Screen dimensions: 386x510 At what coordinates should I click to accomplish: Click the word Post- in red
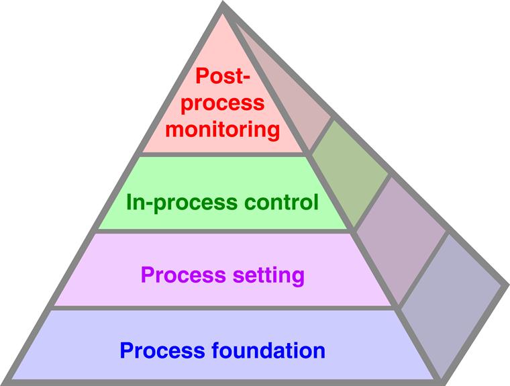click(223, 76)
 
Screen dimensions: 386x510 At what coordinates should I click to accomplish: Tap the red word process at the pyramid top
click(223, 103)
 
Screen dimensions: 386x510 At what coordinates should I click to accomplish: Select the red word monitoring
click(223, 128)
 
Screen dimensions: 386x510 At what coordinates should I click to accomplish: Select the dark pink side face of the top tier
click(282, 94)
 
